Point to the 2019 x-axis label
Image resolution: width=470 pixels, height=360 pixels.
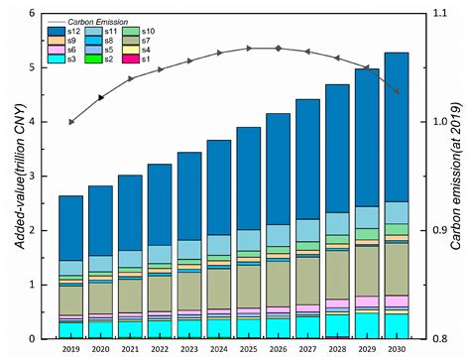click(69, 348)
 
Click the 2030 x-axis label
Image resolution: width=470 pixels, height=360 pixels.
click(396, 348)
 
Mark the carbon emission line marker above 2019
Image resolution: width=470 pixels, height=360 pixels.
click(70, 122)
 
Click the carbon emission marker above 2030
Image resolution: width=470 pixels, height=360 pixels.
click(396, 92)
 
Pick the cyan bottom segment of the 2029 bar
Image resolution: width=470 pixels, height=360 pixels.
click(366, 325)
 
